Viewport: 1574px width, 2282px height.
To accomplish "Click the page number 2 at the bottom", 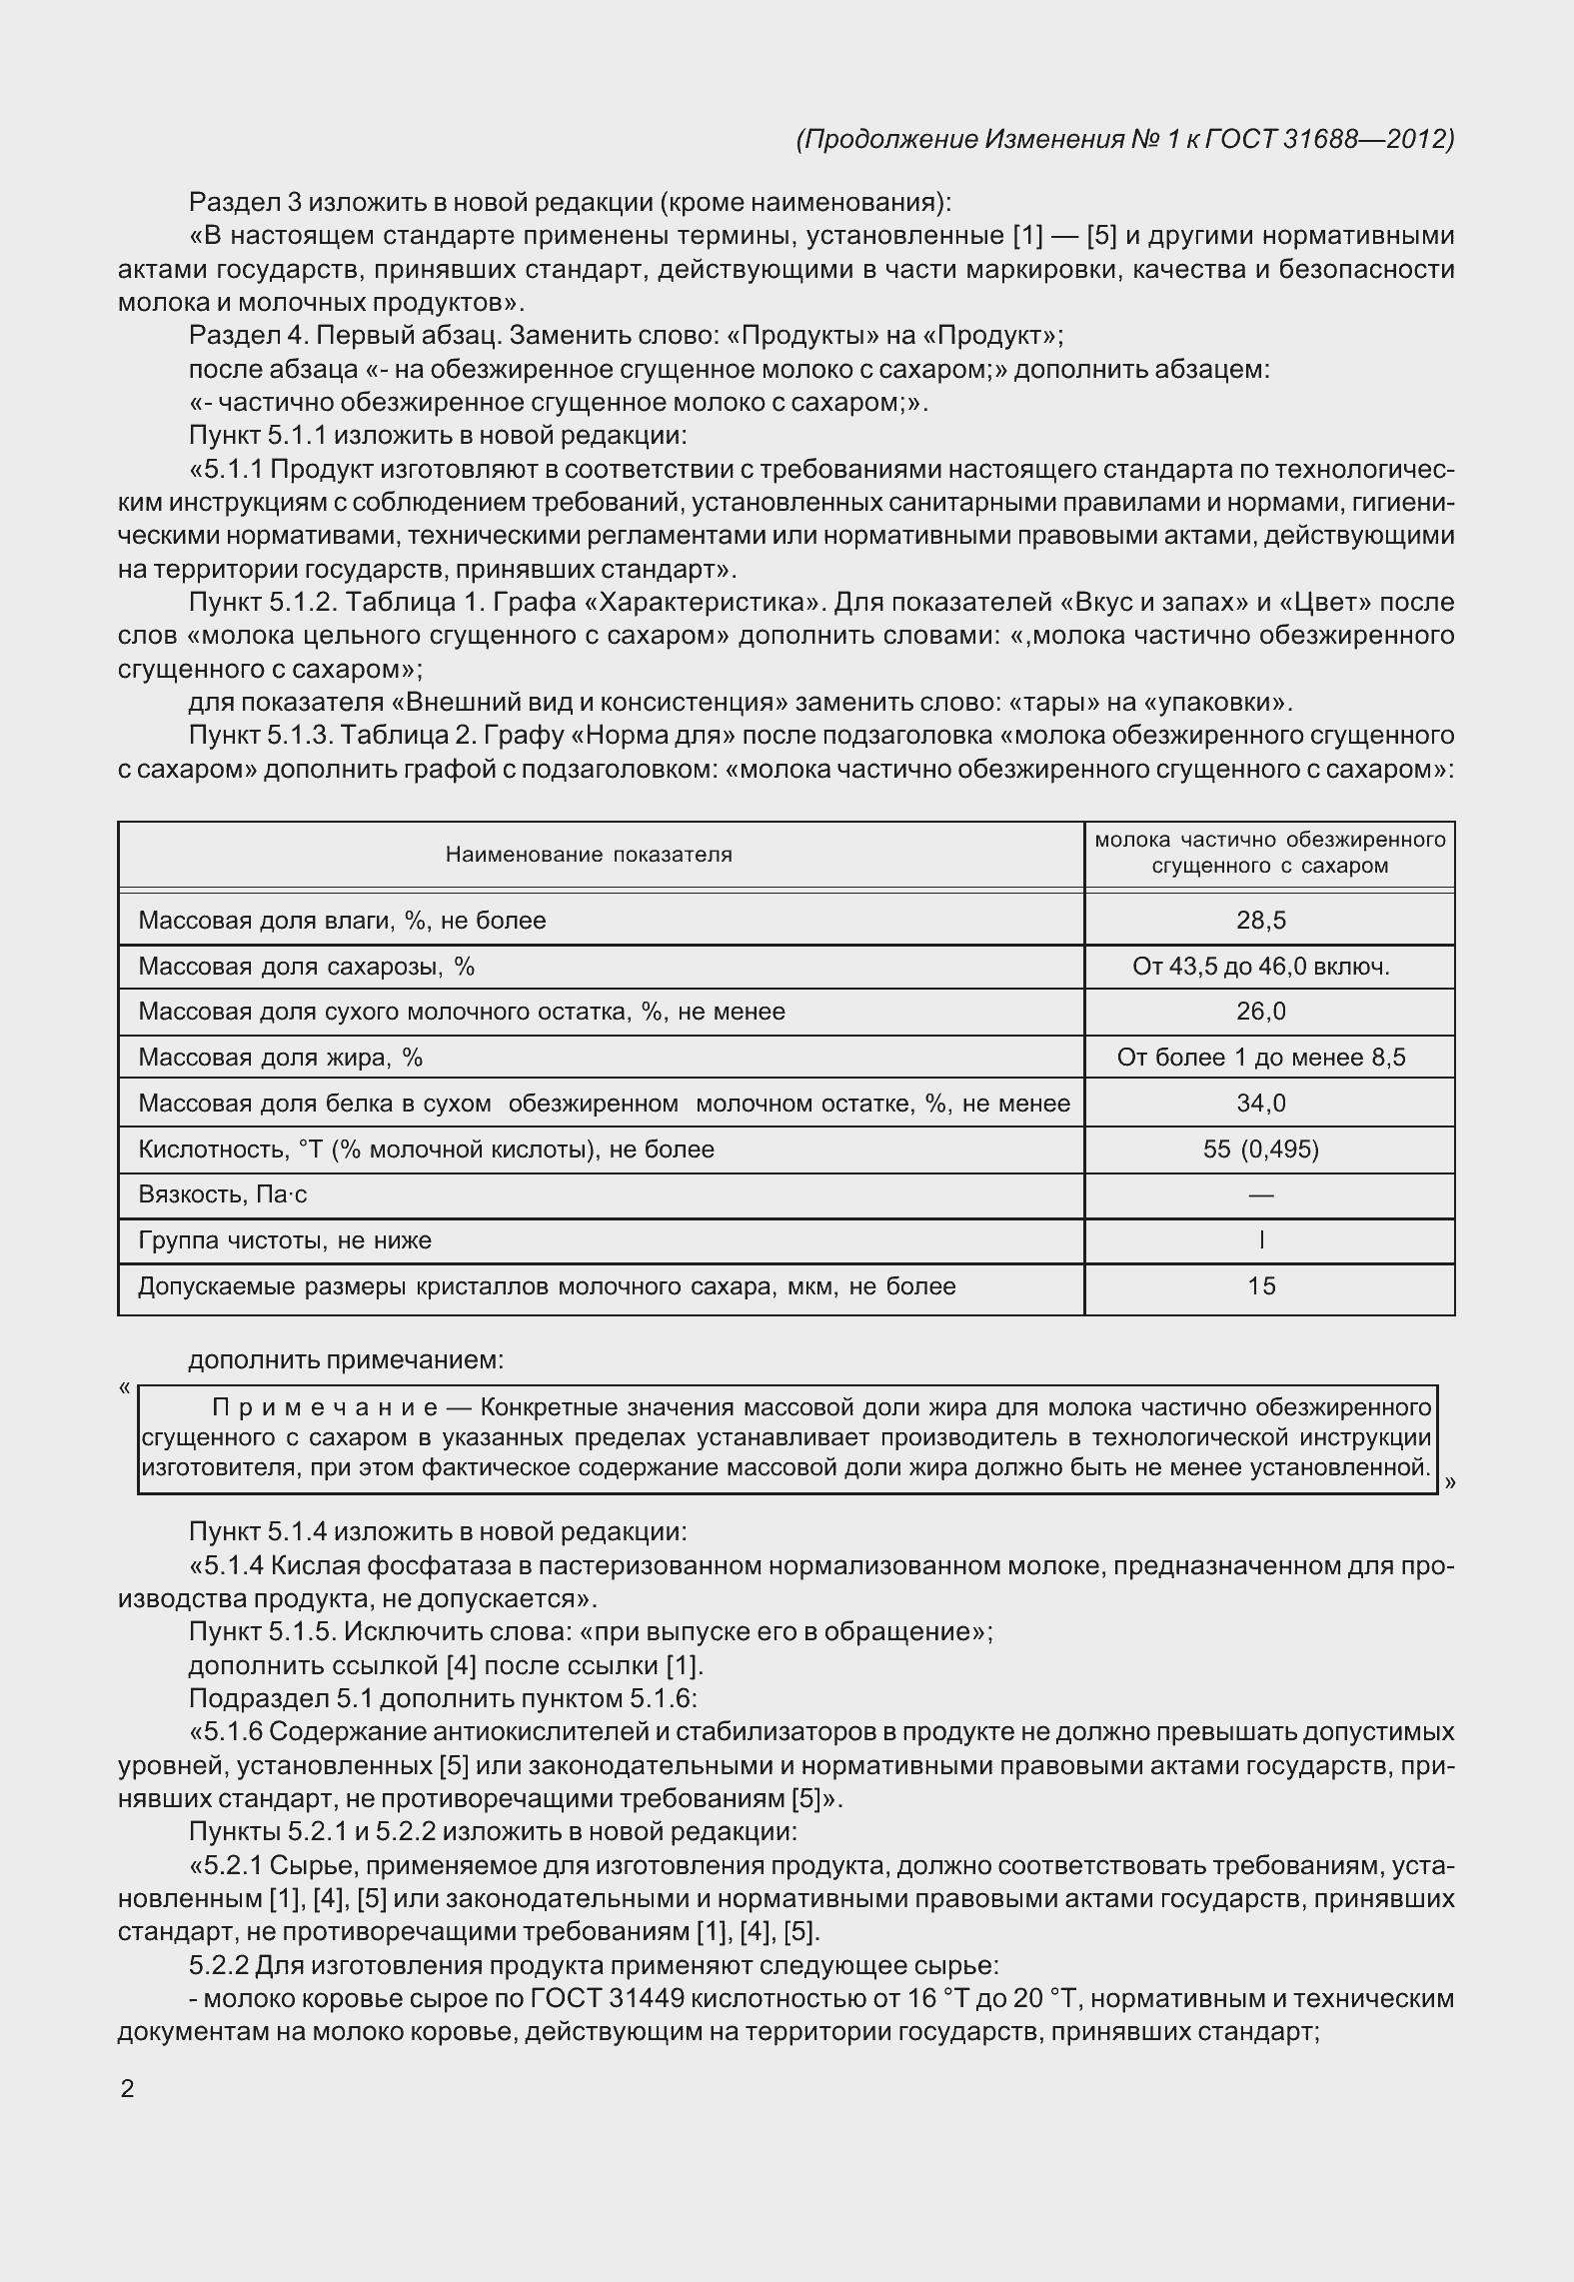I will (127, 2089).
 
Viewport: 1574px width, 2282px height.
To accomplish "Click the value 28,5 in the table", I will (1261, 920).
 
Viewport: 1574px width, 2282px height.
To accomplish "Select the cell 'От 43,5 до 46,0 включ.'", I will (1261, 966).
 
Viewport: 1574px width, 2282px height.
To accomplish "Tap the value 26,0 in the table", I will (1261, 1012).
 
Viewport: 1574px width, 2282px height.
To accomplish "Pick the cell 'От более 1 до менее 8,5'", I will (1261, 1058).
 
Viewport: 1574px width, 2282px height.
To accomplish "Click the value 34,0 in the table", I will (1261, 1104).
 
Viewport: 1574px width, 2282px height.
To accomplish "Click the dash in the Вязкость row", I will (1261, 1195).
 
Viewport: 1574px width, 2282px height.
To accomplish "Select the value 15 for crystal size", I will (1261, 1286).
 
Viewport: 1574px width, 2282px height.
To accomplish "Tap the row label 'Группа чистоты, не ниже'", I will (285, 1240).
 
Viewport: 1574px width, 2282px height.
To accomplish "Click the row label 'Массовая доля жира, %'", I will (281, 1058).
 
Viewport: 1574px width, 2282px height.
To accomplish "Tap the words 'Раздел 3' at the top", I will (245, 202).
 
